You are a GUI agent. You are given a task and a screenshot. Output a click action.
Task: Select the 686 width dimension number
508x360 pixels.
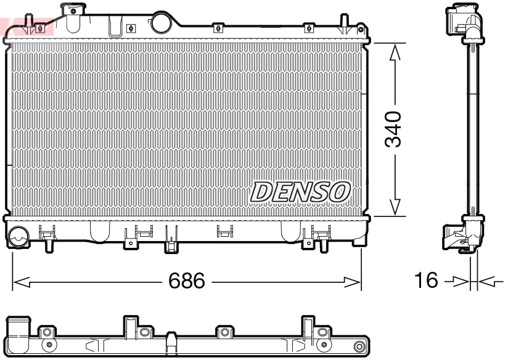point(187,282)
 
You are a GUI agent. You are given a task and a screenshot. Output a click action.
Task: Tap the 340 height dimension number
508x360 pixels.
point(393,129)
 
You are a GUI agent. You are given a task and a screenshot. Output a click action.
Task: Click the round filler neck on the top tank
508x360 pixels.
point(161,22)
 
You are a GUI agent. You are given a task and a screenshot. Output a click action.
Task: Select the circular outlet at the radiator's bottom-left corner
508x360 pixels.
point(19,236)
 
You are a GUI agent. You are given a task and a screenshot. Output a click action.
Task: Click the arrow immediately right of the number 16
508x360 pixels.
point(457,282)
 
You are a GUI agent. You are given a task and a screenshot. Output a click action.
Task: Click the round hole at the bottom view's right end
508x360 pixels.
point(361,345)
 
